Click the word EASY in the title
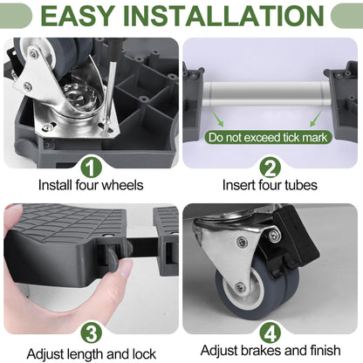78,15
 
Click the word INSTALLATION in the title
223,15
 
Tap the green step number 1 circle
91,168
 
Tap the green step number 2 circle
270,168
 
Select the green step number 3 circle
91,333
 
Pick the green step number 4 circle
270,333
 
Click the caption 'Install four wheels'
91,185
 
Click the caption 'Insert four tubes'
270,185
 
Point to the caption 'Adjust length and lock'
92,354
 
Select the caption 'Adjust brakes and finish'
271,351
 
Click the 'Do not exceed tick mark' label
268,137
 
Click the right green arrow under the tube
316,119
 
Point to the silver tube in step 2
267,93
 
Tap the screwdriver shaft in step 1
109,94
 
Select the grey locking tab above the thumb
112,257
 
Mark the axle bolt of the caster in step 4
240,287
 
